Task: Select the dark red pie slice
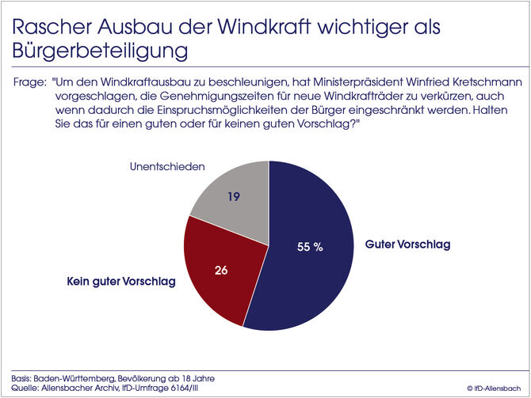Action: pos(218,269)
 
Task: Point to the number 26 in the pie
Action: pos(222,270)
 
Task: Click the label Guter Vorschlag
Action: pos(407,244)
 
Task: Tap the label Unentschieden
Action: pos(167,167)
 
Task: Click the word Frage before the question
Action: pos(29,81)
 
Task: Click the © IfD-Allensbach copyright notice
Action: pos(493,389)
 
